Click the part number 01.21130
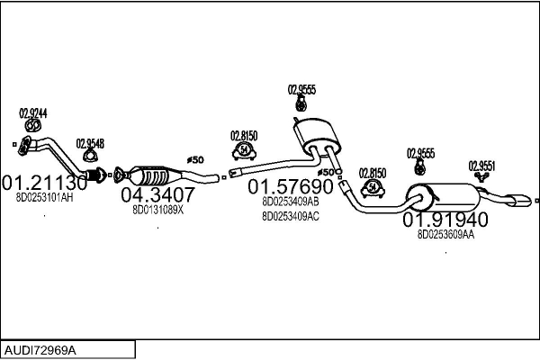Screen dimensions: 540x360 point(45,183)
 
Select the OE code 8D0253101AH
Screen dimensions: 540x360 point(44,198)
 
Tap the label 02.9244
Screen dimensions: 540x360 point(33,113)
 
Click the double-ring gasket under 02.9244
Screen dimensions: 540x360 point(33,126)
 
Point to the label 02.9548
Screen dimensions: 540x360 point(90,143)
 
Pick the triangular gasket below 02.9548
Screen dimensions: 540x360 point(90,156)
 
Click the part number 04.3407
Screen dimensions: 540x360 point(157,194)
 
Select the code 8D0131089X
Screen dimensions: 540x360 point(158,210)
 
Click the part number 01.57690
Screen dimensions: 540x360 point(291,186)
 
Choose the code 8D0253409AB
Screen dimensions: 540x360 point(291,202)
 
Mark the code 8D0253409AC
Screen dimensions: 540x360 point(291,216)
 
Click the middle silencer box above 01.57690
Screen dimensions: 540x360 point(317,135)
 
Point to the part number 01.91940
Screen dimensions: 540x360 point(445,220)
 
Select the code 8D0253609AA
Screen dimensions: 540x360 point(445,235)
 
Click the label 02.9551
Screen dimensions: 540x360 point(481,166)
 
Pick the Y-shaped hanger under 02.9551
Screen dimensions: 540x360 point(481,176)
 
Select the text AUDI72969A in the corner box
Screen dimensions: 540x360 point(40,351)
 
